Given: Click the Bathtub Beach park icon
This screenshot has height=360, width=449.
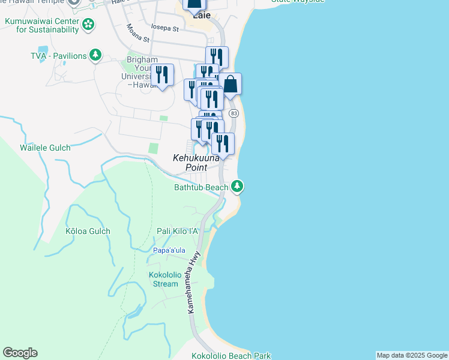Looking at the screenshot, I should (238, 187).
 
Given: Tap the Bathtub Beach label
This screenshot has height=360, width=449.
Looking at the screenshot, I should (201, 188).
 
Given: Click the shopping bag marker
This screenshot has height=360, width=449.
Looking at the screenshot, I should (230, 85).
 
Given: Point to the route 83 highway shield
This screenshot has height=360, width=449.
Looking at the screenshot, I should (234, 113).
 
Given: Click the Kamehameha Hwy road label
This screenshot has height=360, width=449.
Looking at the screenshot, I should (194, 281).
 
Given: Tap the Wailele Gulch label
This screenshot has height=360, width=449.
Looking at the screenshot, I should (45, 148).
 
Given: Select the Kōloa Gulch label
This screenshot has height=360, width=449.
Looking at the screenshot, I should (88, 231).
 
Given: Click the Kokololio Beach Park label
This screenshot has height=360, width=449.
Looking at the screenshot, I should (231, 356).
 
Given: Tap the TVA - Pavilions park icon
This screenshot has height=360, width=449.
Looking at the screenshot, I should (95, 56).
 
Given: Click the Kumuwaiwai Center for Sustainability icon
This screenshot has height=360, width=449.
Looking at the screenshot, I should (89, 25).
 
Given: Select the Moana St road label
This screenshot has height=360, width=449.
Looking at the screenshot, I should (138, 35).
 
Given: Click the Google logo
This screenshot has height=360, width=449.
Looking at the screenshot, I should (20, 353).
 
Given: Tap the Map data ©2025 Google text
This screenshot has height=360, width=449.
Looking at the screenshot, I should (412, 355).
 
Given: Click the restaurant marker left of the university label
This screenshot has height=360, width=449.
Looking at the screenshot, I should (162, 75).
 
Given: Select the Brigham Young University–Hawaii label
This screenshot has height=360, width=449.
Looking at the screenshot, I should (142, 72).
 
